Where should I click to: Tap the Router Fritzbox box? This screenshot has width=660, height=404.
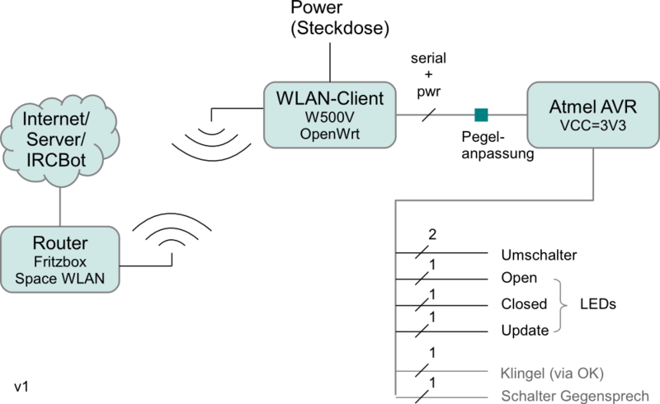point(62,260)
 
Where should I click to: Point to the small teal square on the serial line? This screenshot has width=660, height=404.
point(480,114)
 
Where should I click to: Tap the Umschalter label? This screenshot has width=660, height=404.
point(539,255)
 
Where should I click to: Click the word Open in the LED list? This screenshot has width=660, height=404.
point(519,278)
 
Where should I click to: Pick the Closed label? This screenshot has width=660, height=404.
point(524,304)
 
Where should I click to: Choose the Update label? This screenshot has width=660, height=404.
point(525,331)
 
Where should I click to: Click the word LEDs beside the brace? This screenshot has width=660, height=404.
point(598,304)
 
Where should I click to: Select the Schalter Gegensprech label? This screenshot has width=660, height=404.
point(580,396)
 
